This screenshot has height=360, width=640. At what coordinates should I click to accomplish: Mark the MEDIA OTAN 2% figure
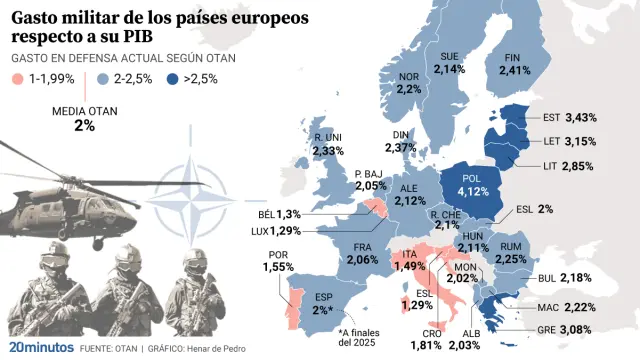pos(85,119)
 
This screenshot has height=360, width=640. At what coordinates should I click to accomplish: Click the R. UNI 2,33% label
pos(328,144)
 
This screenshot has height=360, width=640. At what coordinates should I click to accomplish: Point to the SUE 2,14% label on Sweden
pos(450,62)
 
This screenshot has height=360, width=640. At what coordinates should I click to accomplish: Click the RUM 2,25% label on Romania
pos(510,253)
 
